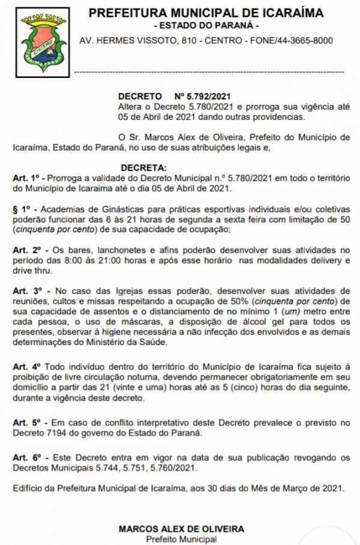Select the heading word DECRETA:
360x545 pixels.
(x=144, y=167)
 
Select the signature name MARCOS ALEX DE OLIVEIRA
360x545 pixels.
(x=181, y=529)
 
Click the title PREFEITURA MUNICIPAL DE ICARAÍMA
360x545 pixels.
(x=206, y=13)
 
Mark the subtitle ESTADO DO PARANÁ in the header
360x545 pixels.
(x=206, y=26)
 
